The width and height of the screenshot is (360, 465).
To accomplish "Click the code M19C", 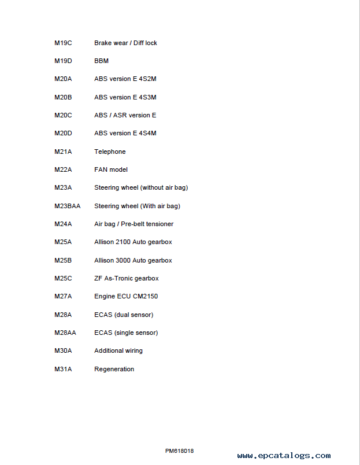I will [x=63, y=43].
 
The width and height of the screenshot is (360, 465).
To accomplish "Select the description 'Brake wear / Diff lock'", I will [x=125, y=43].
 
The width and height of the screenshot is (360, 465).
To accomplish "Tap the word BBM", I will [x=101, y=61].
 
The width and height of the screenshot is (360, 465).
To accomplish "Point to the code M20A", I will [x=63, y=79].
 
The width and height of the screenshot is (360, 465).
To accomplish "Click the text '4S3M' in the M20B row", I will [x=147, y=97].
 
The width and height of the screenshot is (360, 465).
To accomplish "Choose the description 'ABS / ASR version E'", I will [x=125, y=115].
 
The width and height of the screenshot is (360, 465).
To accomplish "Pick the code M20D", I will [x=63, y=133].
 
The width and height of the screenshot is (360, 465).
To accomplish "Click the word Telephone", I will [x=110, y=152].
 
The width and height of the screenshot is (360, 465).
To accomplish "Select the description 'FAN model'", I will [x=111, y=169].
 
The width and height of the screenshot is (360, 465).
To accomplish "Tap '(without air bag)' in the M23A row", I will [x=164, y=187].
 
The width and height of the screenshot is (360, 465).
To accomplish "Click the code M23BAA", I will [x=67, y=206].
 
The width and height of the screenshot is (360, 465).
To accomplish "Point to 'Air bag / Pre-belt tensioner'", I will [x=133, y=224].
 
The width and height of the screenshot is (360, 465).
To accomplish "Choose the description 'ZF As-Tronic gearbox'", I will [x=126, y=278].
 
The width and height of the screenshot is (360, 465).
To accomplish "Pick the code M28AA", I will [x=65, y=333].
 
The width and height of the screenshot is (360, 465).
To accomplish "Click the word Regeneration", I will [x=114, y=369].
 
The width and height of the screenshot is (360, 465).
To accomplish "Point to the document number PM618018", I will [x=179, y=451].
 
